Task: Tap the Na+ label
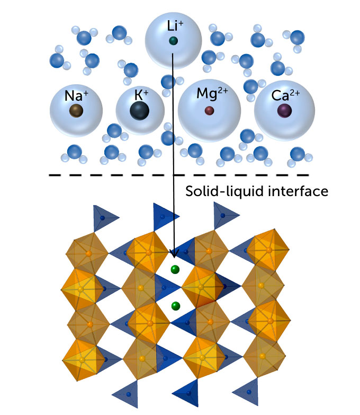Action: (x=74, y=95)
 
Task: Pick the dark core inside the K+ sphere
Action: (x=139, y=111)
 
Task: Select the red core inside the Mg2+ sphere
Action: (x=210, y=110)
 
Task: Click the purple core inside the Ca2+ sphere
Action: (x=285, y=110)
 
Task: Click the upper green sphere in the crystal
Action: (x=175, y=270)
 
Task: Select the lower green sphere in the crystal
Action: (x=175, y=306)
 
